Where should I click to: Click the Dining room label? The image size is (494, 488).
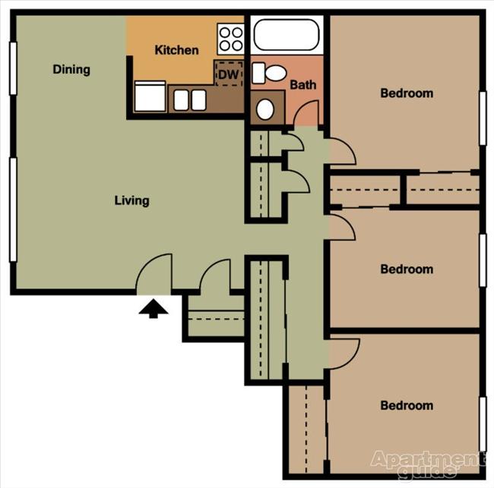pyautogui.click(x=71, y=70)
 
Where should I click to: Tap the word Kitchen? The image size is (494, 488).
pyautogui.click(x=176, y=51)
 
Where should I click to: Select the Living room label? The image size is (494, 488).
pyautogui.click(x=131, y=201)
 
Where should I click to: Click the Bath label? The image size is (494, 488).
pyautogui.click(x=302, y=86)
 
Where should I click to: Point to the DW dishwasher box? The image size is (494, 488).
pyautogui.click(x=226, y=74)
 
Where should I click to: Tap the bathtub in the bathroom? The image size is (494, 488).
pyautogui.click(x=287, y=35)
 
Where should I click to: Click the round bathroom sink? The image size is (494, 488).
pyautogui.click(x=265, y=109)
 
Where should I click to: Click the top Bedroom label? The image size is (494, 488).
pyautogui.click(x=407, y=94)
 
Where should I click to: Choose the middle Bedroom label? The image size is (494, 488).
pyautogui.click(x=407, y=269)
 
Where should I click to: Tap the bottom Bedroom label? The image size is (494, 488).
pyautogui.click(x=407, y=406)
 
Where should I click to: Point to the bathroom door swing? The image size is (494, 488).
pyautogui.click(x=307, y=114)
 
